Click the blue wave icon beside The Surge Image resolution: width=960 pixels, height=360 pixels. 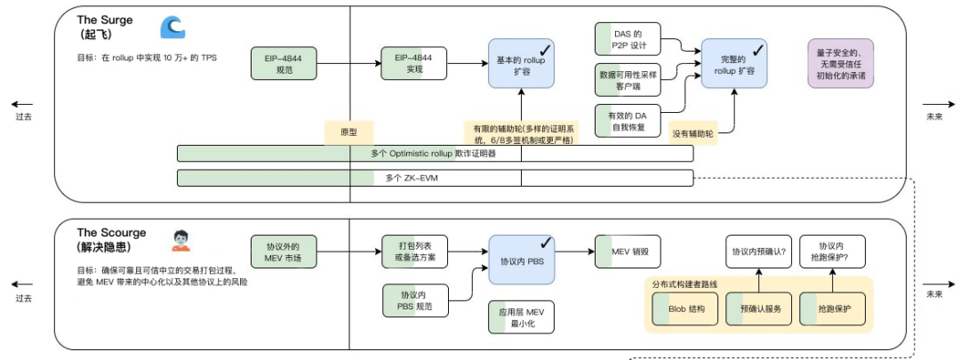172,28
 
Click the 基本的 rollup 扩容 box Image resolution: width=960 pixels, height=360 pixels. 521,64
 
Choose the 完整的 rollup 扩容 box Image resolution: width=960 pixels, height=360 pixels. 733,64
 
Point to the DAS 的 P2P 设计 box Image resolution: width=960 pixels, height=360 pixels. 628,39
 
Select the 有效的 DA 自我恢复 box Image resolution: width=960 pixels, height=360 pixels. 628,122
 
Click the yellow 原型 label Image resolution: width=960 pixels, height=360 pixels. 348,132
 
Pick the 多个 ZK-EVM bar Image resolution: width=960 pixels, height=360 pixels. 435,178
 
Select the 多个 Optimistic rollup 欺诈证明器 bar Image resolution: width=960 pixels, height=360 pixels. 435,154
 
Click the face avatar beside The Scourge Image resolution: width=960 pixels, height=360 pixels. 180,239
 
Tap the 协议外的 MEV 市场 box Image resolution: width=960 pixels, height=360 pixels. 284,252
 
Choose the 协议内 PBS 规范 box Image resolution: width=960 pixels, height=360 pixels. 415,300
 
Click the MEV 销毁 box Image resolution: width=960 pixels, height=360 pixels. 628,252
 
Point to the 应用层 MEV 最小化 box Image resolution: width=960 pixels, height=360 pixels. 521,316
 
